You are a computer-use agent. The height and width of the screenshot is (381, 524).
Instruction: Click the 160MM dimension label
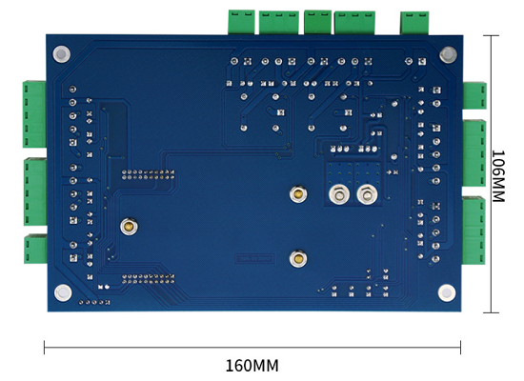click(252, 366)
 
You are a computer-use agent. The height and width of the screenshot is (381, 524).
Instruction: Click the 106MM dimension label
click(498, 176)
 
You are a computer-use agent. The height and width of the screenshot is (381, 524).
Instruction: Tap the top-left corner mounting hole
click(62, 54)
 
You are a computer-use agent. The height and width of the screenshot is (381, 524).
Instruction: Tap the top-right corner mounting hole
click(448, 54)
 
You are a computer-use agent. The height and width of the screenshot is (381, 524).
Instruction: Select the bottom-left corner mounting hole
click(63, 292)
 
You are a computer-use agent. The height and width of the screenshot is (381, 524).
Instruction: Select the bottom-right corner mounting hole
click(447, 292)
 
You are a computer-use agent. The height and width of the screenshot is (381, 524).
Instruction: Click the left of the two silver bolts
click(339, 194)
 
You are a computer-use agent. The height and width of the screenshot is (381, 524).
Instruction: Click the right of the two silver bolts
click(367, 194)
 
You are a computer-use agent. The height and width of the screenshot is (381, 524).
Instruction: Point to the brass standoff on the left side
click(129, 227)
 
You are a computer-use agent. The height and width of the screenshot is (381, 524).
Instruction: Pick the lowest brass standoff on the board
click(298, 259)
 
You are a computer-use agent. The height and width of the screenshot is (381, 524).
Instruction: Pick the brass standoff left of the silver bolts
click(298, 194)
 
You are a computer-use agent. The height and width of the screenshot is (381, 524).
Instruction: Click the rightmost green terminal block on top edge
click(414, 23)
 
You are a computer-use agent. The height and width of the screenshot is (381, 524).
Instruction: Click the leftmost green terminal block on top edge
click(241, 22)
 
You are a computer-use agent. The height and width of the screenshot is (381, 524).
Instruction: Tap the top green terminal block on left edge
click(34, 114)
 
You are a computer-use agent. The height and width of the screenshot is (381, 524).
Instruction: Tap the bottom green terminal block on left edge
click(35, 249)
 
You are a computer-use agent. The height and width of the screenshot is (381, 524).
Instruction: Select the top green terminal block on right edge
click(474, 95)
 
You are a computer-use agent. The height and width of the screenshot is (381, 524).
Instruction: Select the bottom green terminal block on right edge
click(474, 231)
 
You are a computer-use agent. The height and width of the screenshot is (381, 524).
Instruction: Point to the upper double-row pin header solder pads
click(148, 174)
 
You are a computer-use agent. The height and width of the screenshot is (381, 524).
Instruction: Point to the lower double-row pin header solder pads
click(148, 279)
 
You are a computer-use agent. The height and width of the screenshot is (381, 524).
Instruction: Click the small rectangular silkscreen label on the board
click(255, 258)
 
